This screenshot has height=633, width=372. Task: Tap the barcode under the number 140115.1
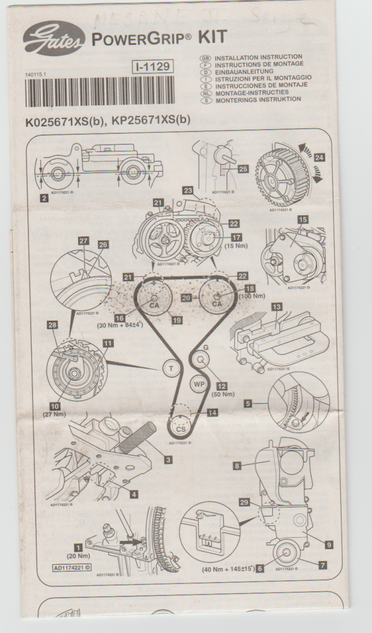pyautogui.click(x=99, y=92)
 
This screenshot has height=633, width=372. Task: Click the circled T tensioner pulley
pyautogui.click(x=172, y=369)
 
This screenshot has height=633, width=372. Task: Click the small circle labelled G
pyautogui.click(x=200, y=360)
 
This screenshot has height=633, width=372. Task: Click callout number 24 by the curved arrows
pyautogui.click(x=320, y=158)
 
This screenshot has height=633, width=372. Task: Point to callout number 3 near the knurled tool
pyautogui.click(x=169, y=459)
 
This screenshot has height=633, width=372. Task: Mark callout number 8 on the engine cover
pyautogui.click(x=237, y=465)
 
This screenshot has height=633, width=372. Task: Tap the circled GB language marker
pyautogui.click(x=203, y=57)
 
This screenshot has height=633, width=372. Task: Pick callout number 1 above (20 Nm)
pyautogui.click(x=77, y=546)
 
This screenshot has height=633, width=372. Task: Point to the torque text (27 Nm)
pyautogui.click(x=54, y=414)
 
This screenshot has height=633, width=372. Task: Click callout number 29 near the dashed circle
pyautogui.click(x=244, y=503)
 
